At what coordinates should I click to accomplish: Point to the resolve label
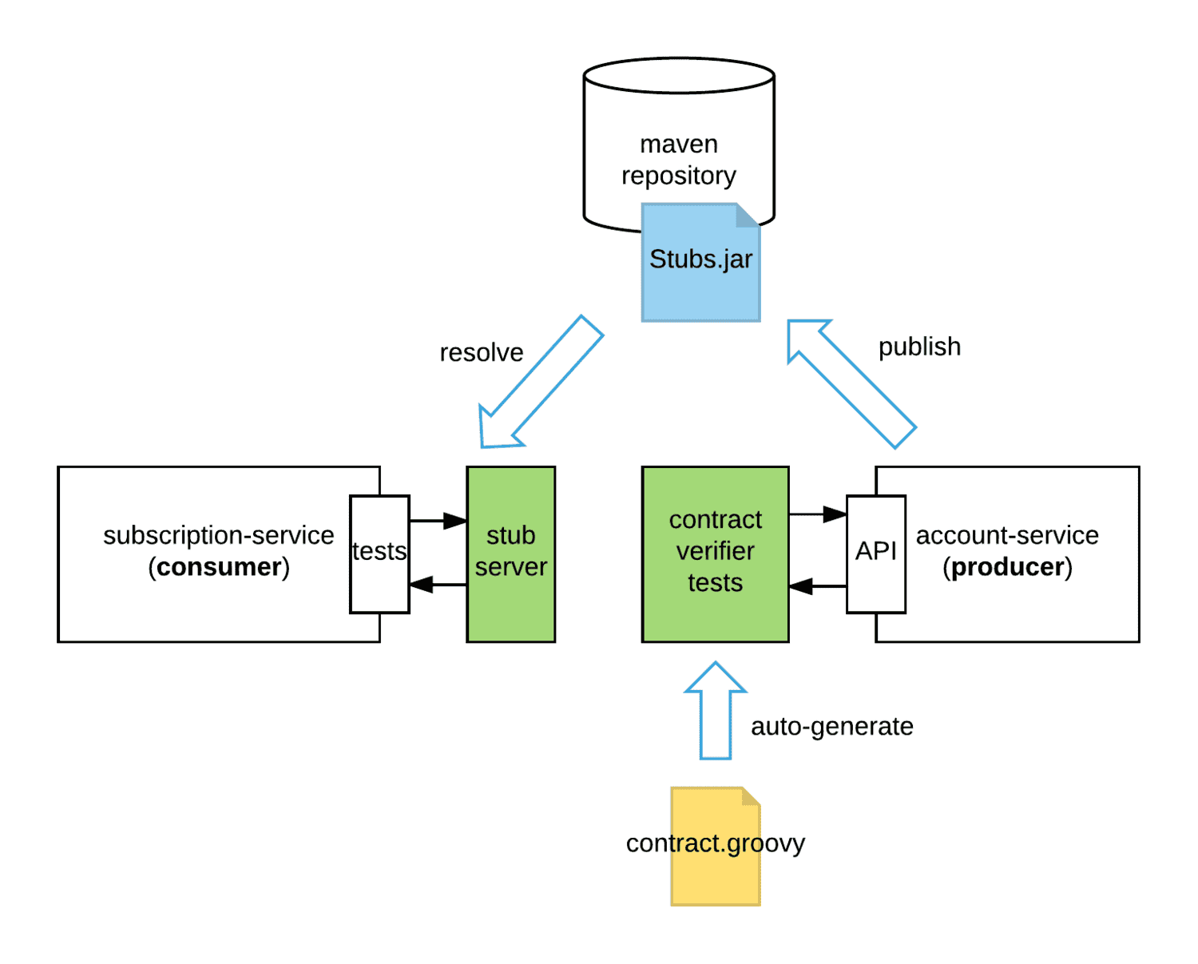click(482, 352)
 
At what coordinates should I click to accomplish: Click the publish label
click(919, 347)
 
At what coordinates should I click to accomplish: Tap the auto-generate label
click(831, 726)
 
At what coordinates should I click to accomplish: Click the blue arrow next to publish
click(851, 383)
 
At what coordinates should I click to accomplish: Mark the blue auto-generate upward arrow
click(716, 711)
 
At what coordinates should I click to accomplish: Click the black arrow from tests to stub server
click(438, 521)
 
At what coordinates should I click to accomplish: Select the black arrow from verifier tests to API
click(818, 514)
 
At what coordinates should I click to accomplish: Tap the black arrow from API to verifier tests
click(818, 586)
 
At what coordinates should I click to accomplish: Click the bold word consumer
click(219, 567)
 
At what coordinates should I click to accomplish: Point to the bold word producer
click(1008, 567)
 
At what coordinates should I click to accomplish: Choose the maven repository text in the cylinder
click(679, 160)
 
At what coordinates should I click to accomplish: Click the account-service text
click(1007, 535)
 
